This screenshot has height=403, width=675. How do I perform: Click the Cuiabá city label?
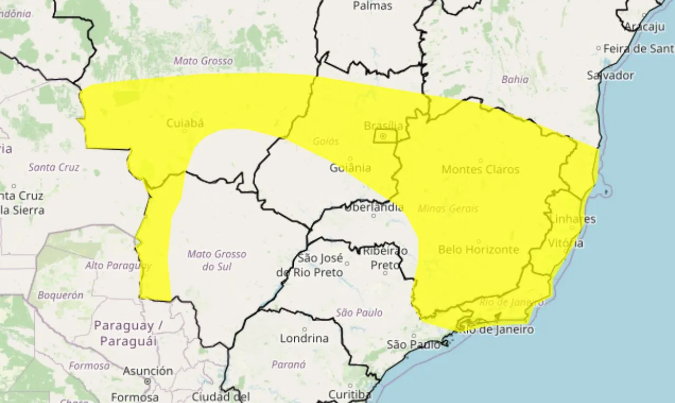click(x=185, y=123)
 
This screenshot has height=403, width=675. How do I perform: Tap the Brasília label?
click(x=383, y=126)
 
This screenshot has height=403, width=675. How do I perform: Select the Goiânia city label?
click(x=350, y=168)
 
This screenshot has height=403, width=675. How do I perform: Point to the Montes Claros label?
click(x=480, y=169)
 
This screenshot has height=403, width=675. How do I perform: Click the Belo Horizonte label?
click(x=478, y=250)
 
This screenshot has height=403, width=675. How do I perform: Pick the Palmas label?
click(x=372, y=6)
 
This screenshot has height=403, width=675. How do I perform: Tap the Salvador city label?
click(x=610, y=75)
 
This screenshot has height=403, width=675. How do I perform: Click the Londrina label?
click(x=304, y=338)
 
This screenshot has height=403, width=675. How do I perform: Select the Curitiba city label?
click(x=350, y=394)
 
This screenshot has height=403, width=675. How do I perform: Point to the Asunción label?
click(x=148, y=371)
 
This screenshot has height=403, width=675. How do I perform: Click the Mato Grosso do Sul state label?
click(x=217, y=260)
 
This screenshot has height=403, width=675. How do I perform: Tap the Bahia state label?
click(x=515, y=80)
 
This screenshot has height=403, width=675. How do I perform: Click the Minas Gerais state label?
click(x=448, y=208)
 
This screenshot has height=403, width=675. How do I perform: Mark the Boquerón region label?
click(x=60, y=295)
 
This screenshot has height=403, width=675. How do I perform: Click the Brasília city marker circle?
click(x=383, y=136)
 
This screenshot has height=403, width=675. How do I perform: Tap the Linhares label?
click(x=572, y=219)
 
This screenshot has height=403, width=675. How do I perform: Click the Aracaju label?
click(x=645, y=27)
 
